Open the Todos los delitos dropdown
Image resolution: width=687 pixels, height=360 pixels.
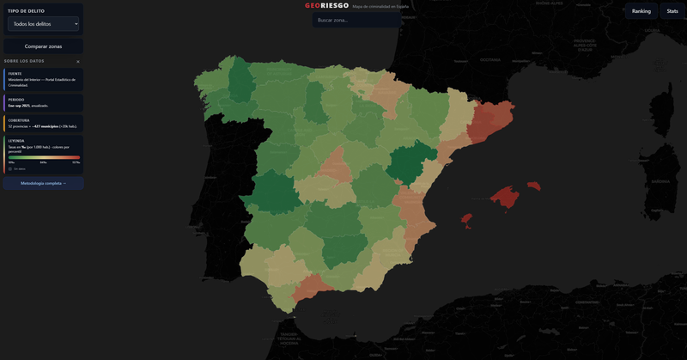click(x=43, y=24)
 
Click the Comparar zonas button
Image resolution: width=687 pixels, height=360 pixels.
click(x=43, y=46)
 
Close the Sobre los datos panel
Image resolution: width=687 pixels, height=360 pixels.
click(x=77, y=62)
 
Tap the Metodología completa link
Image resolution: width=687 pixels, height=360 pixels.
click(x=43, y=183)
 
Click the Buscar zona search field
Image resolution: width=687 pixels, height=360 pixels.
click(x=356, y=20)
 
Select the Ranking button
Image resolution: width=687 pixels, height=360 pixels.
click(x=641, y=11)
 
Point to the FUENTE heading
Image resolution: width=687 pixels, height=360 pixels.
click(x=15, y=74)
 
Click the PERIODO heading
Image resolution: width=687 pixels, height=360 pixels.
click(x=15, y=100)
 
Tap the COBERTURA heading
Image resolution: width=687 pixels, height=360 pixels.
click(x=19, y=120)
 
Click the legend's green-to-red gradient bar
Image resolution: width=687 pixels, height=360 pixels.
click(x=44, y=157)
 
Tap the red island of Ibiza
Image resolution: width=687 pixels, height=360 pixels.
click(x=467, y=220)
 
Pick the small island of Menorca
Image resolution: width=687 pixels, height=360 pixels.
click(x=534, y=185)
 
